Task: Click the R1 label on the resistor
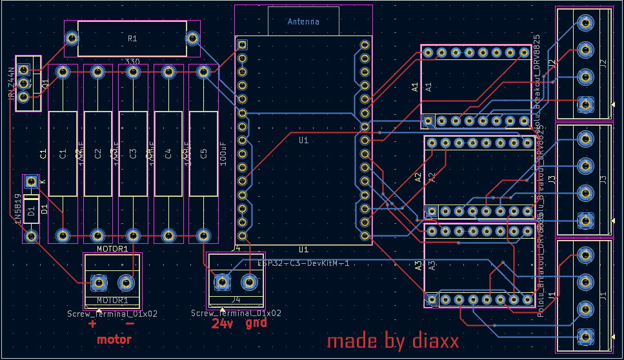[132, 39]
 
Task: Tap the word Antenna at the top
[303, 21]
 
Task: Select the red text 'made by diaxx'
[392, 341]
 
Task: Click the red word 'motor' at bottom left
[114, 339]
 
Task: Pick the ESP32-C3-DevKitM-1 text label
[303, 263]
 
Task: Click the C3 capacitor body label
[133, 154]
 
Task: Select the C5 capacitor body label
[204, 154]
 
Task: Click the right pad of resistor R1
[192, 38]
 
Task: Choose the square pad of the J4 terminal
[222, 281]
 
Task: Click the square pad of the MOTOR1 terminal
[98, 282]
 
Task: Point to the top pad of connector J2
[585, 23]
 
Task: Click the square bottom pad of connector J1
[585, 335]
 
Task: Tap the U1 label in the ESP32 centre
[303, 140]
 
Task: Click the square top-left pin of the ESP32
[242, 45]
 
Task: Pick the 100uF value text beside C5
[223, 154]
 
